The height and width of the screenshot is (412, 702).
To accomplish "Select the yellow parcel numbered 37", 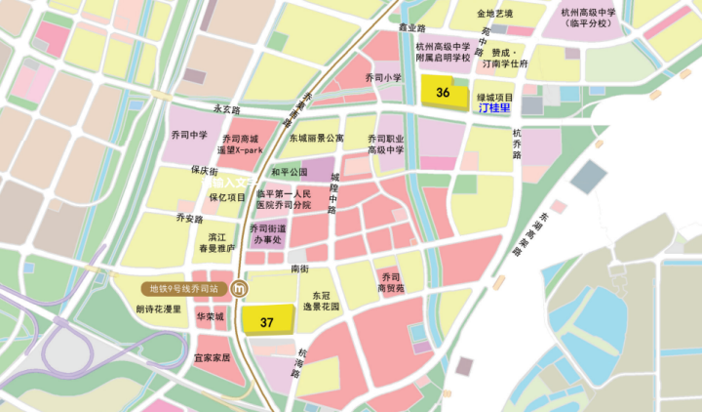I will (267, 321).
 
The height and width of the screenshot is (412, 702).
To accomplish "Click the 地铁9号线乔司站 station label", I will (182, 289).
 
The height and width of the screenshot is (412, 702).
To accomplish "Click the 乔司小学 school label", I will (383, 77).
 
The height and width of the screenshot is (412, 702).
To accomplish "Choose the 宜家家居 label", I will (213, 357).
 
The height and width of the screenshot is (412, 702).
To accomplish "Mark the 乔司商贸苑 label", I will (391, 282).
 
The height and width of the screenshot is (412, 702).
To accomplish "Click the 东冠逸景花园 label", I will (322, 300).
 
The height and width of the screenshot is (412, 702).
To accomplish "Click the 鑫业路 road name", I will (413, 28).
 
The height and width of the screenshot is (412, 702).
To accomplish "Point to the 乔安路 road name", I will (189, 218).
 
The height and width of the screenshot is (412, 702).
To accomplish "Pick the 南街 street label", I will (299, 268).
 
